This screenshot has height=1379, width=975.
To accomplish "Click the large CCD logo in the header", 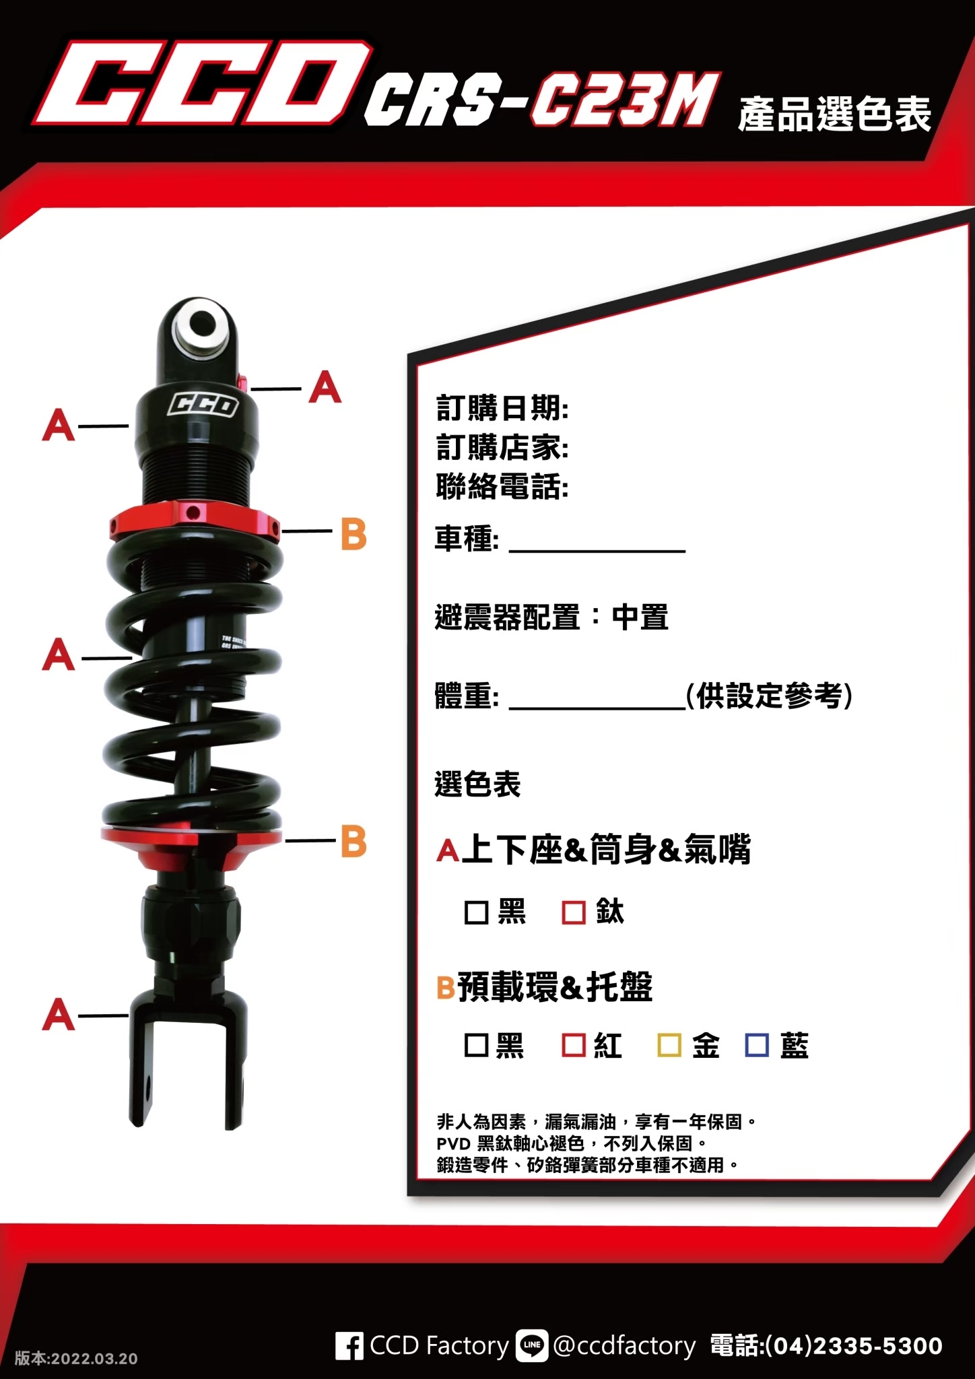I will tap(202, 84).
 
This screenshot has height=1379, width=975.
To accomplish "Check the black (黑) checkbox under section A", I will tap(476, 913).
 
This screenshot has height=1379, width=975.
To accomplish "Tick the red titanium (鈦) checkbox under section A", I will tap(574, 913).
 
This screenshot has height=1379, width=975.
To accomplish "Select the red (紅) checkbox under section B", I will tap(574, 1046).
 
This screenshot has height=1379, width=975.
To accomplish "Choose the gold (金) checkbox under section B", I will tap(669, 1046).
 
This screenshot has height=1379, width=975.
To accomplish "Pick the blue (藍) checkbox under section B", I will tap(757, 1046).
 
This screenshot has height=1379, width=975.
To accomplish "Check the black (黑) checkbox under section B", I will tap(476, 1046).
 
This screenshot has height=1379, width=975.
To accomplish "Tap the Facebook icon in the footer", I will tap(349, 1346).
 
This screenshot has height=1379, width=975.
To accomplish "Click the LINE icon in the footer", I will tap(532, 1346).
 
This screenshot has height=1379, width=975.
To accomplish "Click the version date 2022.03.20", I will tap(94, 1359).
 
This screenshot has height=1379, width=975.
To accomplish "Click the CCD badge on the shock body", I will tap(203, 405).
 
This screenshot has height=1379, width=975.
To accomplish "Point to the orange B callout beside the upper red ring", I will tap(354, 535).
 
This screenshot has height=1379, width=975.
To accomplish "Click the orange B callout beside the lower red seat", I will tap(354, 841).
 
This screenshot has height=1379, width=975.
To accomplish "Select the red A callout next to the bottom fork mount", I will tap(59, 1015).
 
